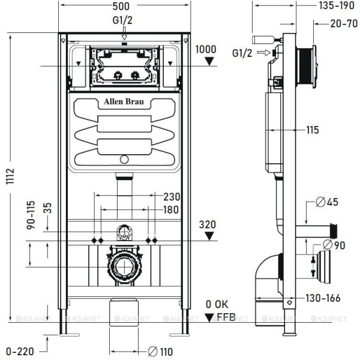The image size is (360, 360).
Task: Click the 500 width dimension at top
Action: click(124, 7)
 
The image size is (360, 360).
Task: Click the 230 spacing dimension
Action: click(172, 196)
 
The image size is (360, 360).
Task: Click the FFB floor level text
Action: click(226, 317)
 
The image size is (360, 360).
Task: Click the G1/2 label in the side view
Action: click(242, 53)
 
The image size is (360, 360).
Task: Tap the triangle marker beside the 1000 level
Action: click(208, 61)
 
